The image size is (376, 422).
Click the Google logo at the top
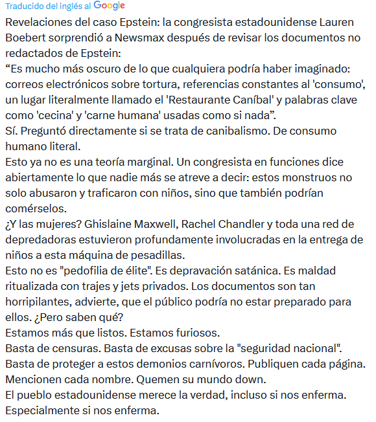point(110,6)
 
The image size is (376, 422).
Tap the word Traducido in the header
point(24,6)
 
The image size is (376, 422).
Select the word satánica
point(225,271)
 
